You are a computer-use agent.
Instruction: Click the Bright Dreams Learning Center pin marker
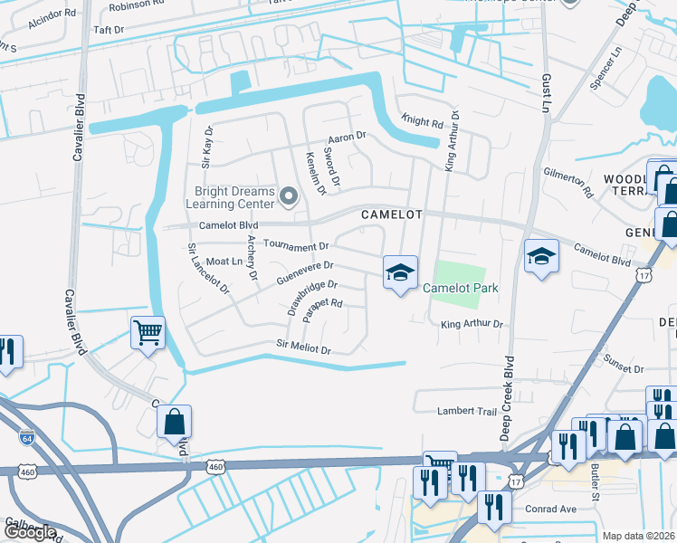tap(289, 195)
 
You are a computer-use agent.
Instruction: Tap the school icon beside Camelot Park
tap(400, 272)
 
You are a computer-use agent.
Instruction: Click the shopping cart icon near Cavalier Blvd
tap(148, 332)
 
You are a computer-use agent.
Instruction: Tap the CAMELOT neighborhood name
tap(392, 214)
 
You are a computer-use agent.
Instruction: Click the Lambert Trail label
tap(467, 411)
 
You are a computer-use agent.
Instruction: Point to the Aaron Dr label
tap(346, 137)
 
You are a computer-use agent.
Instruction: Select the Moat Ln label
tap(224, 262)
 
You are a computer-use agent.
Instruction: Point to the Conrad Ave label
tap(554, 509)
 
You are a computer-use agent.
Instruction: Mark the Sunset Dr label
tap(625, 369)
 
